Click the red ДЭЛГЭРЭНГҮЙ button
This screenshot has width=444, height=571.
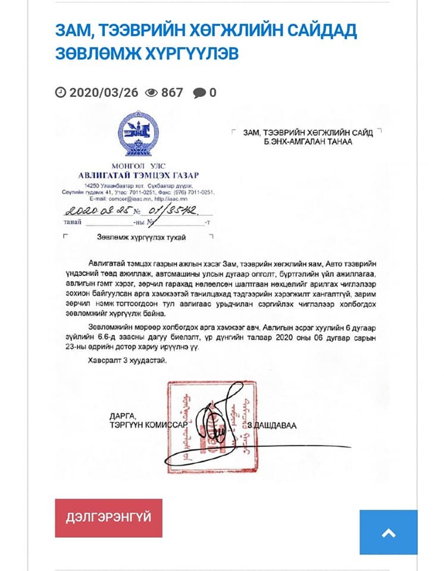pos(108,517)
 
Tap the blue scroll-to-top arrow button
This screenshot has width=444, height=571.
pos(388,532)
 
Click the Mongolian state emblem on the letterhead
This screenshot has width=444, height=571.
pos(138,136)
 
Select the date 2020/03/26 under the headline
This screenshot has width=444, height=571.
pos(103,92)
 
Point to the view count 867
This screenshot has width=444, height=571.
pos(172,92)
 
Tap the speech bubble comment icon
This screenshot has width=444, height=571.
pos(200,93)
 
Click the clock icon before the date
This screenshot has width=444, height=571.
pos(61,92)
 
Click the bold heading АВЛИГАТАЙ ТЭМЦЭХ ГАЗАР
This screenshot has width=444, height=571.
pos(138,175)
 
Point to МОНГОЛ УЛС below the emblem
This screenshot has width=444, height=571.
pos(138,165)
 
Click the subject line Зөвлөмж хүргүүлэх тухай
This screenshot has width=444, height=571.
pos(141,237)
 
